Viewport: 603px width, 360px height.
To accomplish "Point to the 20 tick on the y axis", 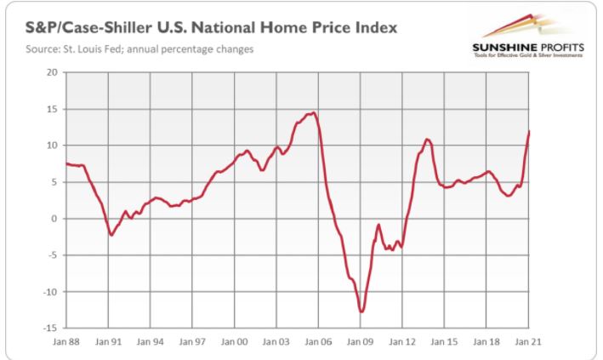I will tap(50, 72).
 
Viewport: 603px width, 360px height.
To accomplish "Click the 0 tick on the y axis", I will tap(53, 219).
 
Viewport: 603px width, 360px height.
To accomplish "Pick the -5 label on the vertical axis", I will tap(50, 255).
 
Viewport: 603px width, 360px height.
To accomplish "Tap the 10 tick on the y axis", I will tap(50, 146).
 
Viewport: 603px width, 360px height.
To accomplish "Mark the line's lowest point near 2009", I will tap(361, 311).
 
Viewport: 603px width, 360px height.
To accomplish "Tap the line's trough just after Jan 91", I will tap(111, 235).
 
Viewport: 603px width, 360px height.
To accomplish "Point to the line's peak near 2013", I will tap(427, 139).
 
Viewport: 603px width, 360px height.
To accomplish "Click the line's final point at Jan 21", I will tap(529, 131).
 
